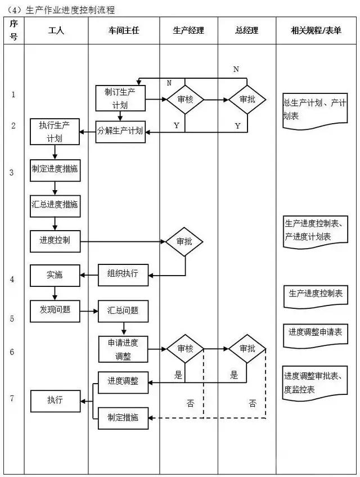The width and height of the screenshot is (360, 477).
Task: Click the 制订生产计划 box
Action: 121,98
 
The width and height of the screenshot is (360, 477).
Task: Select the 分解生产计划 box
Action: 120,131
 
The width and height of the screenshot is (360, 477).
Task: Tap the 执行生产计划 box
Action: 55,131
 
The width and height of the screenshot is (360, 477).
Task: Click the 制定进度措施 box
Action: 55,169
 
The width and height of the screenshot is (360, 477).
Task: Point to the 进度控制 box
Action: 55,241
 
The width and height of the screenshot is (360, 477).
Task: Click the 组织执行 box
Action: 122,274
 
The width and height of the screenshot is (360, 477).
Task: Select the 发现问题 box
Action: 55,309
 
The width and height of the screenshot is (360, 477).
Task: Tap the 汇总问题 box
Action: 122,310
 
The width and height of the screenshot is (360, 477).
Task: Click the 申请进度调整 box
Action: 122,349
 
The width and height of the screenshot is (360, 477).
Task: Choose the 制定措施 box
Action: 122,417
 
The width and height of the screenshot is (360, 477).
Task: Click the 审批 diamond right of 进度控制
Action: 184,241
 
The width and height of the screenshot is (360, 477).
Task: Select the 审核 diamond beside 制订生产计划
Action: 184,100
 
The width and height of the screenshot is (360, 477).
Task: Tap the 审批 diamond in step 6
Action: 247,349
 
